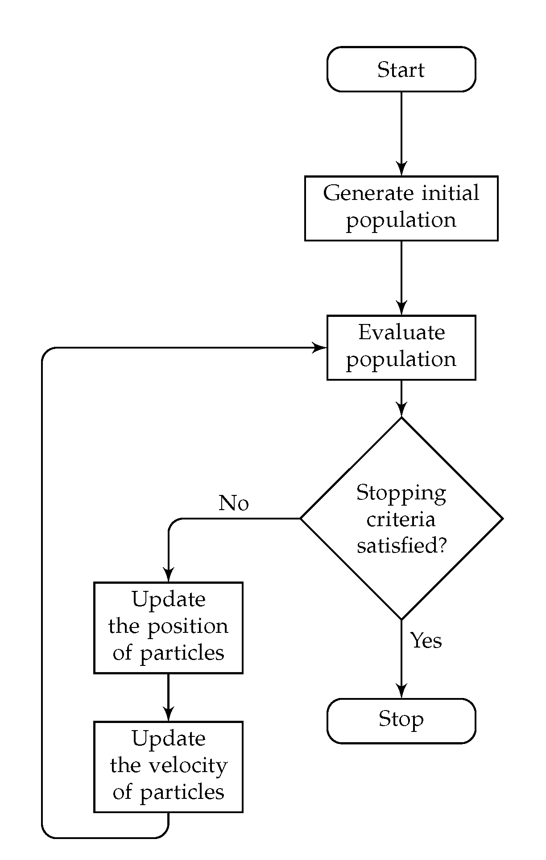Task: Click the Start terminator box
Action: coord(401,69)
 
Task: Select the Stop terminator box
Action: coord(401,721)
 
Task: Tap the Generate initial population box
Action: coord(401,208)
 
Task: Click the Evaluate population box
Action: coord(401,347)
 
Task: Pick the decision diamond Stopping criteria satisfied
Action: coord(401,518)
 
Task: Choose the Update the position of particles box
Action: coord(168,627)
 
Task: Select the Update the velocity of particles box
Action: coord(168,766)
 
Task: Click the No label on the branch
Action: coord(233,503)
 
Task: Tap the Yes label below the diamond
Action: coord(426,640)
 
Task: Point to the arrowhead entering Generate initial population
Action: coord(401,170)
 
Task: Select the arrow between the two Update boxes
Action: coord(168,696)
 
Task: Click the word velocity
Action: coord(188,766)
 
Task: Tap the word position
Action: coord(188,627)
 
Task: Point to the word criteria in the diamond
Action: coord(401,519)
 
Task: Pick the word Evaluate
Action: coord(401,332)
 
